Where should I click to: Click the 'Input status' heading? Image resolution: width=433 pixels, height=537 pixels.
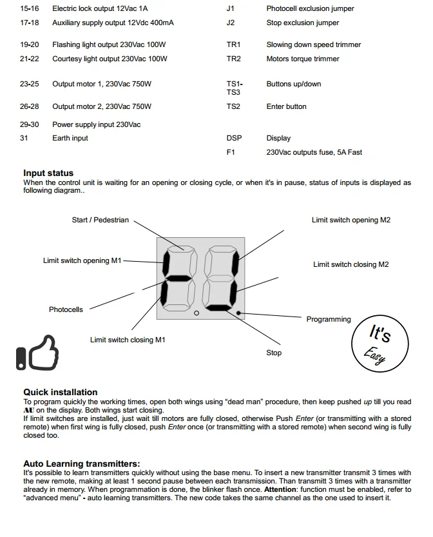(x=48, y=173)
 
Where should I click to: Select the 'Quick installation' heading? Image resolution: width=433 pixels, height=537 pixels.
(x=61, y=392)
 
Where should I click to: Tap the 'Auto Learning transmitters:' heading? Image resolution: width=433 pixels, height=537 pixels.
(x=81, y=464)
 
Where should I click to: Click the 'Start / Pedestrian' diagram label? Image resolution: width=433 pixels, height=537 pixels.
(x=100, y=220)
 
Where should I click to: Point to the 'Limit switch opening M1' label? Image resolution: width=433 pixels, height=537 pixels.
(x=82, y=260)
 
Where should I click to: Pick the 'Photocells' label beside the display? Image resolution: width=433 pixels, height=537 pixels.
(x=66, y=309)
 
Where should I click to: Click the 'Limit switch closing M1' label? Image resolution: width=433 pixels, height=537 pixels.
(x=128, y=340)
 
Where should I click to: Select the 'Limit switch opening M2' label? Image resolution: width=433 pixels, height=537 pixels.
(x=351, y=220)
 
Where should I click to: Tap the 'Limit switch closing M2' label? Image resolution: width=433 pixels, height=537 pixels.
(x=351, y=264)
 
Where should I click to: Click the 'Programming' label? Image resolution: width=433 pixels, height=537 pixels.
(x=329, y=319)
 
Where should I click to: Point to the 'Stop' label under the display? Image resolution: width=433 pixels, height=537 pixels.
(x=274, y=353)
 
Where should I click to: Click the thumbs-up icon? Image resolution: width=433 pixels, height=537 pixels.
(x=37, y=353)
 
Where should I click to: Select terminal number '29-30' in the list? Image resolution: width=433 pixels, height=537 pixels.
(x=29, y=124)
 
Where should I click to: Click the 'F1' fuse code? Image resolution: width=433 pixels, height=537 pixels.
(x=231, y=152)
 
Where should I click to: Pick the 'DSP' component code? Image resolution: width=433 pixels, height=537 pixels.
(x=234, y=138)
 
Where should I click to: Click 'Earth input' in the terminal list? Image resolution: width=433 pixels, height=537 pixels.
(x=70, y=138)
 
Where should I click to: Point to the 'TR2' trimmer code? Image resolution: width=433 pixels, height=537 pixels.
(x=233, y=59)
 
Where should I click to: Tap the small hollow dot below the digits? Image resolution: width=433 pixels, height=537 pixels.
(x=196, y=313)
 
